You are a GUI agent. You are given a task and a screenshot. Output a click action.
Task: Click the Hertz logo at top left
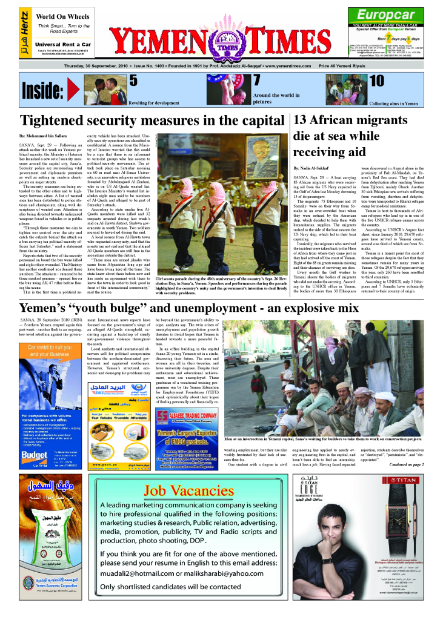click(24, 33)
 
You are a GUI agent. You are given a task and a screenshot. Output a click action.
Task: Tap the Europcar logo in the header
click(385, 14)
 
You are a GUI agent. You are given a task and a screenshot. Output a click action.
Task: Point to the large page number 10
click(376, 81)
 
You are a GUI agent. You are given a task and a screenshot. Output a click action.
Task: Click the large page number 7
click(256, 81)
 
